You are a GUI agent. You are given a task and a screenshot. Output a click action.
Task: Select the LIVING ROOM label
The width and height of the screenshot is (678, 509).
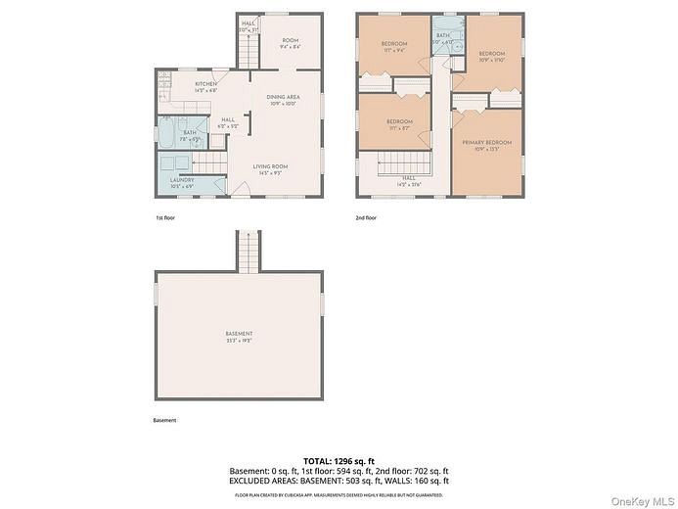(270, 169)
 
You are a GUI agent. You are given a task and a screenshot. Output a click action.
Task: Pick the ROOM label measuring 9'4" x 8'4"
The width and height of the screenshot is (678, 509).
(290, 44)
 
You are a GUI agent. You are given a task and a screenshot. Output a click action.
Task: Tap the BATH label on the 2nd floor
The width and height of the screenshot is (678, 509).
(443, 37)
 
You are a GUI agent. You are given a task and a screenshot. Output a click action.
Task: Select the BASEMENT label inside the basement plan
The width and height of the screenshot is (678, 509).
(240, 338)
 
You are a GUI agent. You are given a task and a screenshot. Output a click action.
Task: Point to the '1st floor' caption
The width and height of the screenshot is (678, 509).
(166, 217)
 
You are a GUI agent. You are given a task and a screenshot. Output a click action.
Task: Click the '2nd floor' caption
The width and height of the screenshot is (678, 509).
(367, 217)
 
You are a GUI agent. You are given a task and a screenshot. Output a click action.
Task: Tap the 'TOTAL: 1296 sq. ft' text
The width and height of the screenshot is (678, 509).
(339, 460)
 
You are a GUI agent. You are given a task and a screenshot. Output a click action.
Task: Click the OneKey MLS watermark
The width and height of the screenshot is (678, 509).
(642, 500)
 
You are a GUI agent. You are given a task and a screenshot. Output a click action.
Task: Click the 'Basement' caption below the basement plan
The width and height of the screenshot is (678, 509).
(164, 421)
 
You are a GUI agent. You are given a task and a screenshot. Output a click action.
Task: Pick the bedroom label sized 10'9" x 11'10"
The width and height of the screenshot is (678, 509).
(491, 56)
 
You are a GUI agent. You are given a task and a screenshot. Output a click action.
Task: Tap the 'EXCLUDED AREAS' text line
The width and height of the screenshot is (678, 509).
(339, 481)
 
